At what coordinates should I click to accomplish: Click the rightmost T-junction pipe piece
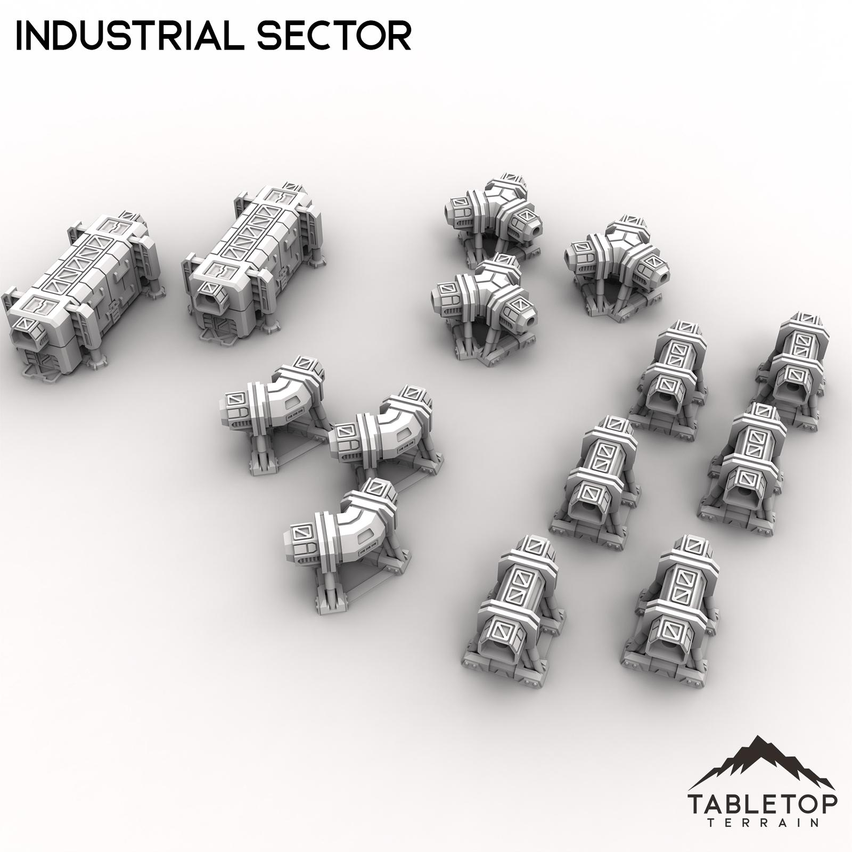pyautogui.click(x=618, y=261)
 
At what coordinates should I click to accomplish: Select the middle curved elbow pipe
pyautogui.click(x=383, y=431)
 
